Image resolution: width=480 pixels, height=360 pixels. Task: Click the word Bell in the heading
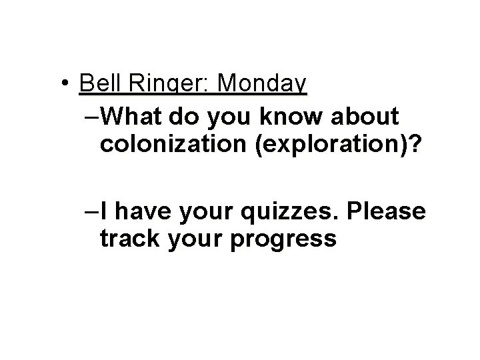pyautogui.click(x=97, y=84)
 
